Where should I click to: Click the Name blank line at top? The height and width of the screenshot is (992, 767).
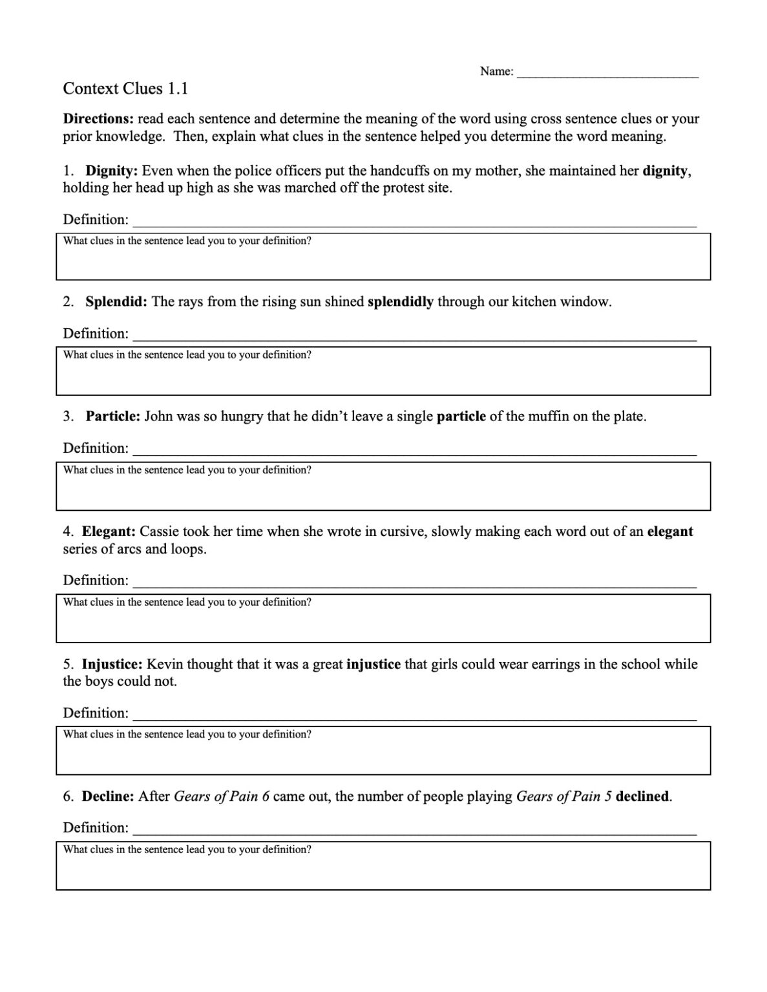click(x=607, y=73)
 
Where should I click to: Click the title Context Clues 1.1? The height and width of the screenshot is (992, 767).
click(x=125, y=88)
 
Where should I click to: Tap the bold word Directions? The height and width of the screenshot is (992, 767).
click(x=98, y=119)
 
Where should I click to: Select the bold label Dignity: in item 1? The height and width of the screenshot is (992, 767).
click(x=111, y=171)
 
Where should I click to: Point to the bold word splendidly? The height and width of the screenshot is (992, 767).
click(x=400, y=302)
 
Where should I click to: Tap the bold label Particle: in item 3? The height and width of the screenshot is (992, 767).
click(x=112, y=417)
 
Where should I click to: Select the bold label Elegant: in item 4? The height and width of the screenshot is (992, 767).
click(x=109, y=532)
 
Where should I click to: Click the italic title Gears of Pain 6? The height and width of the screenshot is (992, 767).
click(x=222, y=796)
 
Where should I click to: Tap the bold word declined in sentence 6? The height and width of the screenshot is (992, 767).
click(x=642, y=796)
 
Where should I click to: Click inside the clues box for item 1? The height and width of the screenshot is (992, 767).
click(x=383, y=262)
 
